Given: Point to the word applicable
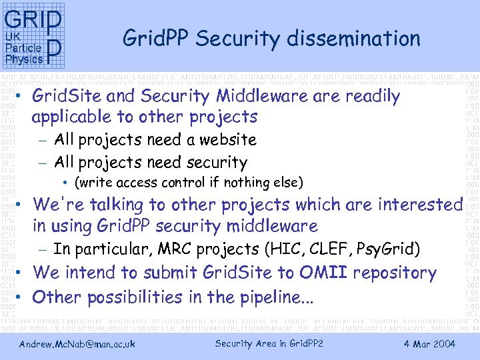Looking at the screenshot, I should pyautogui.click(x=73, y=117).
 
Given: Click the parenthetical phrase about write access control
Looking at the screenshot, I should pyautogui.click(x=189, y=183).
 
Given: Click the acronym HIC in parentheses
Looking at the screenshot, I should pyautogui.click(x=283, y=249).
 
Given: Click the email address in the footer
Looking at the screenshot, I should pyautogui.click(x=77, y=344).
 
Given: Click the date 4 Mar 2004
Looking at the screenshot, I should pyautogui.click(x=429, y=344).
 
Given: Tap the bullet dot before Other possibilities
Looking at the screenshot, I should pyautogui.click(x=21, y=297).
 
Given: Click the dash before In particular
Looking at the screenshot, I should pyautogui.click(x=43, y=250).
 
